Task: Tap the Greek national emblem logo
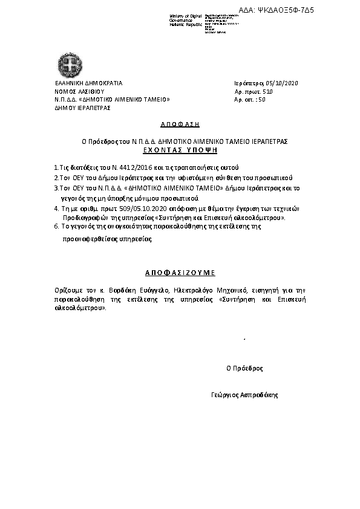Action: point(66,63)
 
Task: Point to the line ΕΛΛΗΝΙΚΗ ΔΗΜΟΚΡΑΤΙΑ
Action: point(88,83)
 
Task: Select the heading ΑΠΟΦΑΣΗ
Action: point(180,123)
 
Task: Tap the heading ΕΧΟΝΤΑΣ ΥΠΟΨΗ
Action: point(180,148)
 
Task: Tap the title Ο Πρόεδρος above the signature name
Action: point(244,368)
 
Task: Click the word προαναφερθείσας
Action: point(84,239)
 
